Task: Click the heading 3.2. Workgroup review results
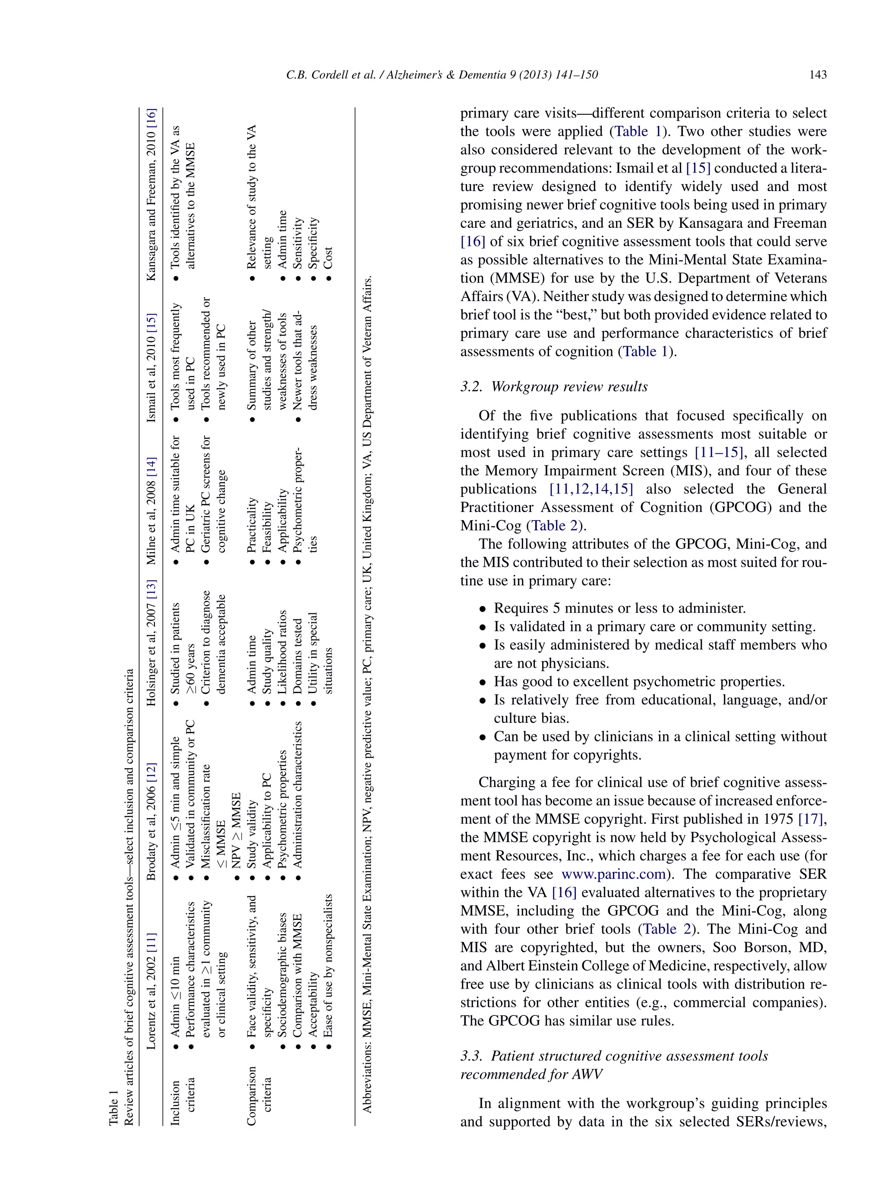[x=554, y=386]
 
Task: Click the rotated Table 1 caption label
[x=113, y=1107]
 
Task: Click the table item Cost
[x=328, y=257]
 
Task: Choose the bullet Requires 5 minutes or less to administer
[x=619, y=609]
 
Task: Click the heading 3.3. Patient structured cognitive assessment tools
[x=614, y=1056]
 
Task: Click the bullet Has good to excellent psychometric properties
[x=639, y=682]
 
